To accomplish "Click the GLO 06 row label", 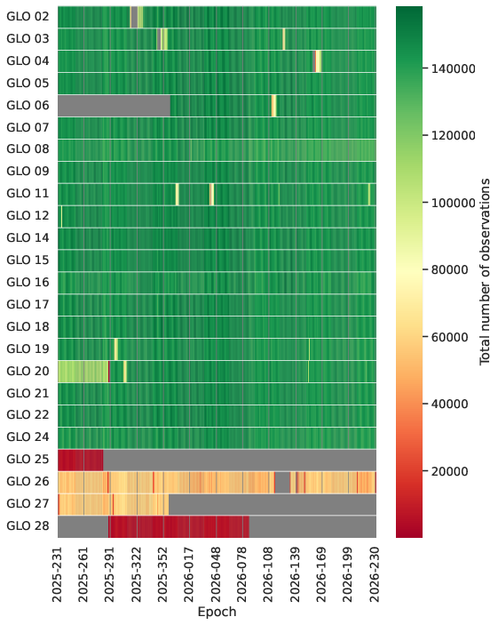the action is [x=28, y=105].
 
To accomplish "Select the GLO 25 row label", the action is [x=28, y=459].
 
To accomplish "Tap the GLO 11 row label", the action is [x=28, y=193].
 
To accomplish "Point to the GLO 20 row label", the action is [x=28, y=371].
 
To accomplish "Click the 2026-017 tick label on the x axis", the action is [x=189, y=574].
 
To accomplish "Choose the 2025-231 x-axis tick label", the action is [x=58, y=574].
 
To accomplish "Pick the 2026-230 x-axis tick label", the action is [x=375, y=574].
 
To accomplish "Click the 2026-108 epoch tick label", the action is [x=268, y=574].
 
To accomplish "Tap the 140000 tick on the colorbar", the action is [x=454, y=69].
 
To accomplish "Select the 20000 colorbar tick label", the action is [x=450, y=471].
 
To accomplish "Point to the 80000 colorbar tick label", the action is [x=450, y=270].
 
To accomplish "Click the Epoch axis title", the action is [x=217, y=612].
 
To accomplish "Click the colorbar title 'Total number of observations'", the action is [x=485, y=271].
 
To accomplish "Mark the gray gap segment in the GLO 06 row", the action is [x=114, y=106].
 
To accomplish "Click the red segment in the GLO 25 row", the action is [x=81, y=460].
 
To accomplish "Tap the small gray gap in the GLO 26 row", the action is [x=282, y=482].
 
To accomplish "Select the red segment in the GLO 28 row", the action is [x=178, y=526].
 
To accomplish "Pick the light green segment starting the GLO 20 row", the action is [x=83, y=372].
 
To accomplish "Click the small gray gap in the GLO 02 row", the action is [x=134, y=17].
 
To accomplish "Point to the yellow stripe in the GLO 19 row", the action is [x=115, y=349].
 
